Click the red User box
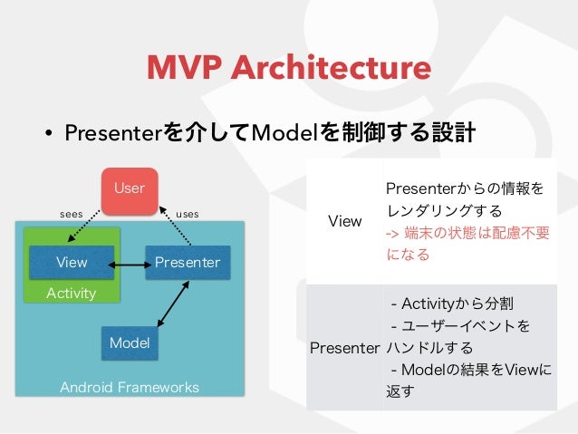[x=130, y=191]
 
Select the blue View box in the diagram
[x=72, y=262]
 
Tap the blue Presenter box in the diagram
[x=188, y=262]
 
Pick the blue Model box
[x=130, y=342]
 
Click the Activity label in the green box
[x=72, y=294]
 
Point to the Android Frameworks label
[x=130, y=387]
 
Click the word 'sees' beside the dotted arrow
[x=72, y=214]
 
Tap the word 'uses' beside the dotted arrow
[x=188, y=214]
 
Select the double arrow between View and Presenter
[x=130, y=265]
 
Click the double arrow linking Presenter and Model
[x=173, y=304]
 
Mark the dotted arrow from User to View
[x=83, y=226]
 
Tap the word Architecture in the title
[x=331, y=67]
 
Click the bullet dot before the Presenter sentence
[x=48, y=133]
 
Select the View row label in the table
[x=344, y=221]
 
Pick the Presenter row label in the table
[x=344, y=348]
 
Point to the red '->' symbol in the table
[x=392, y=234]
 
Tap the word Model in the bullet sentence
[x=284, y=133]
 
